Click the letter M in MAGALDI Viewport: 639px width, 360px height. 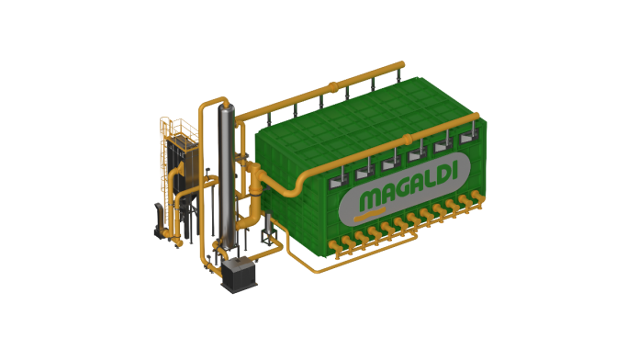[370, 200]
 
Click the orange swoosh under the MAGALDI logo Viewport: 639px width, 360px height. [369, 215]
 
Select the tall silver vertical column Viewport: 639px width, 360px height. [227, 176]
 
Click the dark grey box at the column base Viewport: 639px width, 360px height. [240, 275]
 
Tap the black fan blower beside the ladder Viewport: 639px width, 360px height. [160, 220]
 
